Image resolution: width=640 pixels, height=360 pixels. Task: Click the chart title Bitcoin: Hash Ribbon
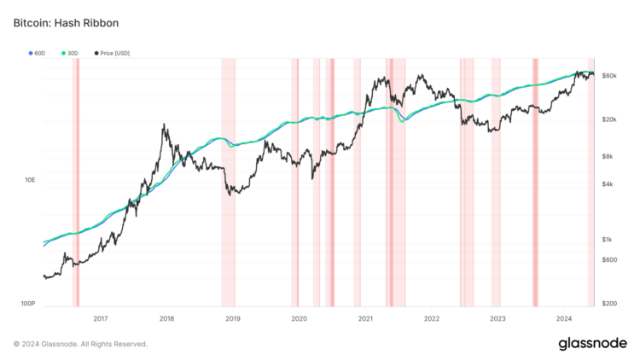pos(66,23)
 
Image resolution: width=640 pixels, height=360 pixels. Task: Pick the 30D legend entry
pos(72,53)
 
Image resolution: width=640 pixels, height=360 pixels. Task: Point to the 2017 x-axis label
pos(101,318)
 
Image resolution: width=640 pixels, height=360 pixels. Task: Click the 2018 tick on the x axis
pos(166,318)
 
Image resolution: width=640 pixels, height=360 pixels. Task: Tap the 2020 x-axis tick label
pos(299,318)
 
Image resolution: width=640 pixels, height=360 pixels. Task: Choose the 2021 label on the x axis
pos(365,318)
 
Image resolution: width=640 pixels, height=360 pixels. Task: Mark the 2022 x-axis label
pos(431,318)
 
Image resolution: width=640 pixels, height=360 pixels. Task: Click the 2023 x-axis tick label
pos(497,318)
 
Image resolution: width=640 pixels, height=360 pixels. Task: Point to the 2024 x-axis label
pos(563,318)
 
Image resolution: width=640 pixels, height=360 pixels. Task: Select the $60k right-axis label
pos(609,76)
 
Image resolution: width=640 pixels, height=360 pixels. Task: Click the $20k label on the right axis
pos(609,119)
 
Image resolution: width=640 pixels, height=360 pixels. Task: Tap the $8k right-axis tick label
pos(608,156)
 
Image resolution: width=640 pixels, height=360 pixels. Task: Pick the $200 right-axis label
pos(609,304)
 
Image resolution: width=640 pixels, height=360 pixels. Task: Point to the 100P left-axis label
pos(28,304)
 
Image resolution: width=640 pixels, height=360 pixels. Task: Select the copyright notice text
pos(80,344)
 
